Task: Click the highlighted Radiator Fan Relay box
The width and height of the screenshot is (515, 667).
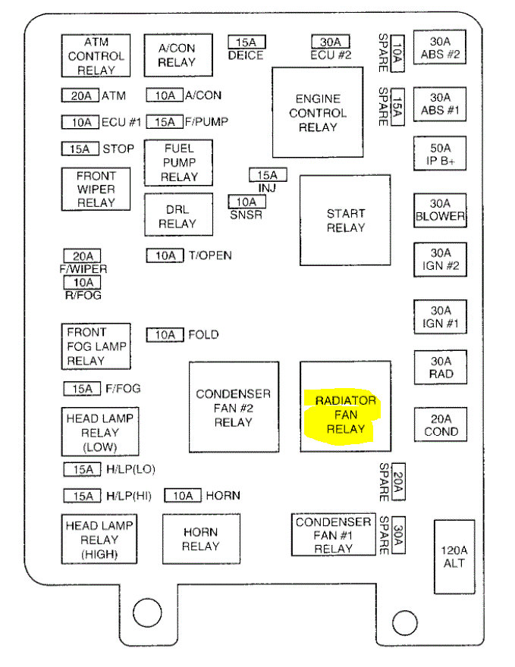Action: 345,407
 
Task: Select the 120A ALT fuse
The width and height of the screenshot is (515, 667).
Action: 454,556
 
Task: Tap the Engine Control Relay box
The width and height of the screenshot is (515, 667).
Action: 318,112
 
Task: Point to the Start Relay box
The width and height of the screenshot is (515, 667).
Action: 345,220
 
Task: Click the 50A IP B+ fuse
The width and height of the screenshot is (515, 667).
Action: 439,155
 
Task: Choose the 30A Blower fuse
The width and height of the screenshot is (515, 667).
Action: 439,210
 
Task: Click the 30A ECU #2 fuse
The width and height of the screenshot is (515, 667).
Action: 330,42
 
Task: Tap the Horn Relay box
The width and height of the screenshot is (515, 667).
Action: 201,539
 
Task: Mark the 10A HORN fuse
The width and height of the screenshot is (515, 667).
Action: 183,496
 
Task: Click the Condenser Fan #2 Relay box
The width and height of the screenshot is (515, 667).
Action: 233,407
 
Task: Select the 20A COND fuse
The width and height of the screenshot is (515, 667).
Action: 441,425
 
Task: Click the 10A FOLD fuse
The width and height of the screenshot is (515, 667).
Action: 165,334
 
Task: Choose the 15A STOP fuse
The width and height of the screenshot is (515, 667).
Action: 80,149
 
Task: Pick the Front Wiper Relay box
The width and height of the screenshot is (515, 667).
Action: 96,189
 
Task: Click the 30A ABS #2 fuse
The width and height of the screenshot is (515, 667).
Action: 439,47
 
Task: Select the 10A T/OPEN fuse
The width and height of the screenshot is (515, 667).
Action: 165,255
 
